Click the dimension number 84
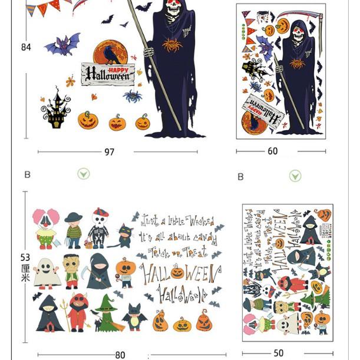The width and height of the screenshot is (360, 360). point(26,47)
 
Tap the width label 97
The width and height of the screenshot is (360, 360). point(110,152)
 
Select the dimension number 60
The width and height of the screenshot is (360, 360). point(272,151)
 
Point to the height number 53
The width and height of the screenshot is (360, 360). point(25,257)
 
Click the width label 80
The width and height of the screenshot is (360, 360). point(120,355)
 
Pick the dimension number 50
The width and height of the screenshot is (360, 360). point(279,354)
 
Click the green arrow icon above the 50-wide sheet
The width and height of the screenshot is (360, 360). point(295,176)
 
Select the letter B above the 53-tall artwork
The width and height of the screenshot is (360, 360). point(27,174)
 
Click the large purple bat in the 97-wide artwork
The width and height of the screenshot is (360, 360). point(63,44)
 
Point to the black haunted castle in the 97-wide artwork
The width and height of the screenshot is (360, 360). point(57,109)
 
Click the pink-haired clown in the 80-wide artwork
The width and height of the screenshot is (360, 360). point(45,227)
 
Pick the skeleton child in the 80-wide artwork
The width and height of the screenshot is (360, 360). point(99,227)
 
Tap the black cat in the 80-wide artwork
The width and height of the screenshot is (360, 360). point(124,235)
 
